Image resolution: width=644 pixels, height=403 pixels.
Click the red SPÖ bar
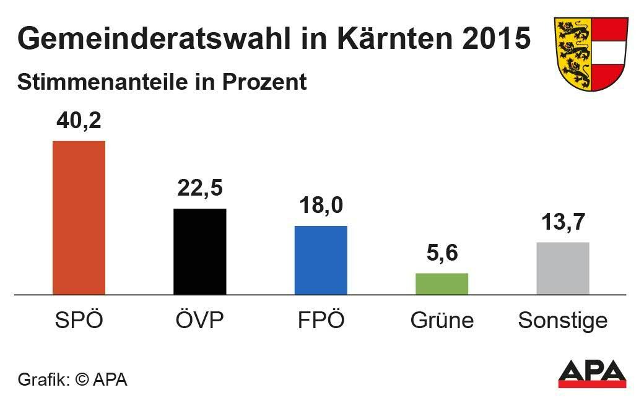[x=79, y=217]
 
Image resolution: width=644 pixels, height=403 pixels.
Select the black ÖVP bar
[x=199, y=251]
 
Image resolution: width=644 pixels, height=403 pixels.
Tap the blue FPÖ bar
[x=321, y=260]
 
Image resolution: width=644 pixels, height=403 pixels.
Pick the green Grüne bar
[x=442, y=284]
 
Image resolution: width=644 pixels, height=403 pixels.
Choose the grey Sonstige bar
[x=562, y=268]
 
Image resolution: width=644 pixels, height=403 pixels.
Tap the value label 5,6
[x=442, y=253]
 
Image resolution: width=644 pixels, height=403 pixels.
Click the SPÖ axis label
[x=79, y=320]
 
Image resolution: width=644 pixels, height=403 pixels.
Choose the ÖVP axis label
[x=199, y=320]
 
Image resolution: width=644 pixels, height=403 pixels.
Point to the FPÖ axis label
[x=321, y=320]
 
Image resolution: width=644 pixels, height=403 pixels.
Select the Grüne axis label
[x=442, y=321]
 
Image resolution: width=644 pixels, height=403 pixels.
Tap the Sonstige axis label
[x=562, y=321]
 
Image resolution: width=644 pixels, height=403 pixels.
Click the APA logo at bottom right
[x=592, y=373]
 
